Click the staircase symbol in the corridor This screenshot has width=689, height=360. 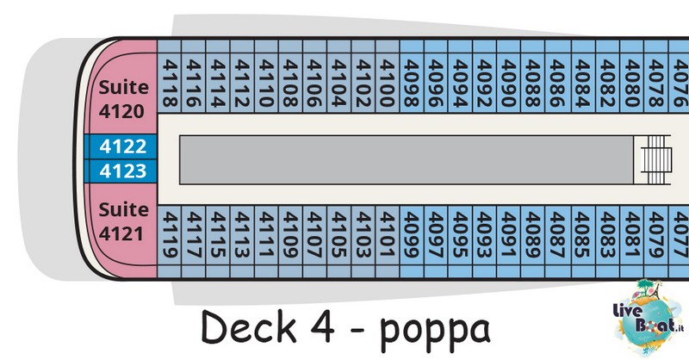[655, 159]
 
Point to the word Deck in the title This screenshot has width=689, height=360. [249, 326]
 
